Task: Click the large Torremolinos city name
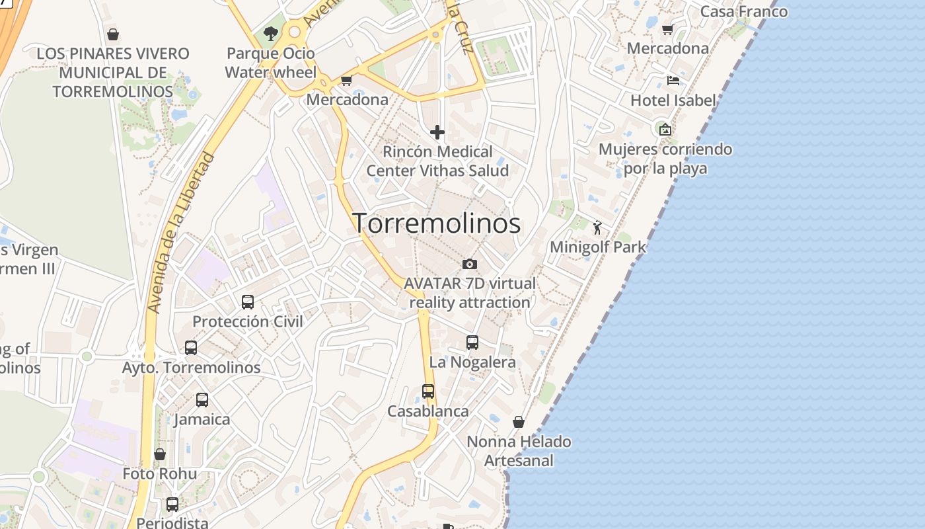point(436,224)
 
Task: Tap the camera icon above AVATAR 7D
point(470,264)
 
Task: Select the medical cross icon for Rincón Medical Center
point(437,132)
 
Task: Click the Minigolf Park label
point(598,247)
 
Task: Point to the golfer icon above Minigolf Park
point(597,228)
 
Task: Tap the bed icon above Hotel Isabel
point(673,81)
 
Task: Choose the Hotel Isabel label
point(673,101)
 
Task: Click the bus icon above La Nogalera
point(472,343)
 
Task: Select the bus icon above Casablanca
point(428,391)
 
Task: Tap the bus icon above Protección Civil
point(248,302)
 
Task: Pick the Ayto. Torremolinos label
point(192,367)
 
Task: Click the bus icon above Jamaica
point(202,400)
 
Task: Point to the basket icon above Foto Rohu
point(160,454)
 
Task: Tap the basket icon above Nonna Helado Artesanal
point(519,422)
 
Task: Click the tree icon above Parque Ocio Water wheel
point(270,33)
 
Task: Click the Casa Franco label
point(744,11)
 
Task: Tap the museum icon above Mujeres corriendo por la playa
point(665,130)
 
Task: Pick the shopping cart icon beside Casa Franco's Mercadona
point(667,29)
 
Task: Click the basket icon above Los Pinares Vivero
point(113,34)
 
